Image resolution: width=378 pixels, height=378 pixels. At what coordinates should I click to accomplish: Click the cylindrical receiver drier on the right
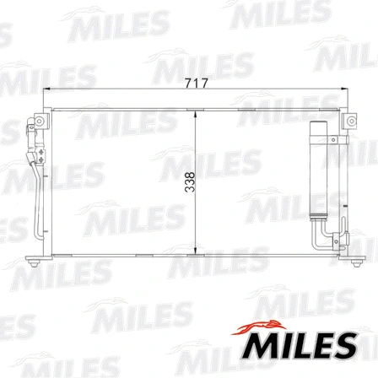tap(320, 173)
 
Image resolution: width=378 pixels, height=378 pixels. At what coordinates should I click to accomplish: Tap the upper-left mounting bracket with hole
tap(36, 125)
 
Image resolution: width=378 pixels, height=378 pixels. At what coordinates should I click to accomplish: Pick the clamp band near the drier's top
tap(320, 139)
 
